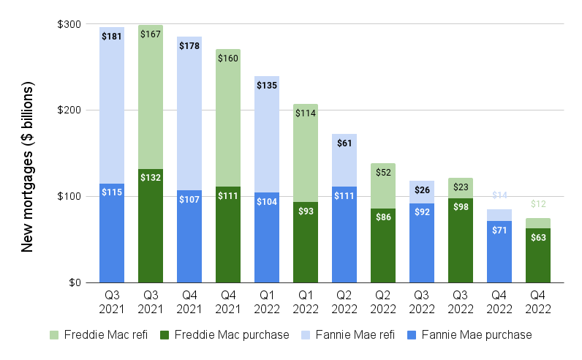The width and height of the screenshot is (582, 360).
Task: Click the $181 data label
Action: coord(112,37)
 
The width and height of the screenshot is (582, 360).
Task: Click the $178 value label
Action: coord(189,46)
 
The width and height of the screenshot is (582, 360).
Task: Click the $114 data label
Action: coord(306,113)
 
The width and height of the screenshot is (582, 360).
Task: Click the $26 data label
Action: coord(422,190)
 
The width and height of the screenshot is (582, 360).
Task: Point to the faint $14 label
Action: coord(499,195)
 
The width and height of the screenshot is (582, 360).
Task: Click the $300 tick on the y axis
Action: coord(69,24)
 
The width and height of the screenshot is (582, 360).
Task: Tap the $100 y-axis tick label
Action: coord(69,197)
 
